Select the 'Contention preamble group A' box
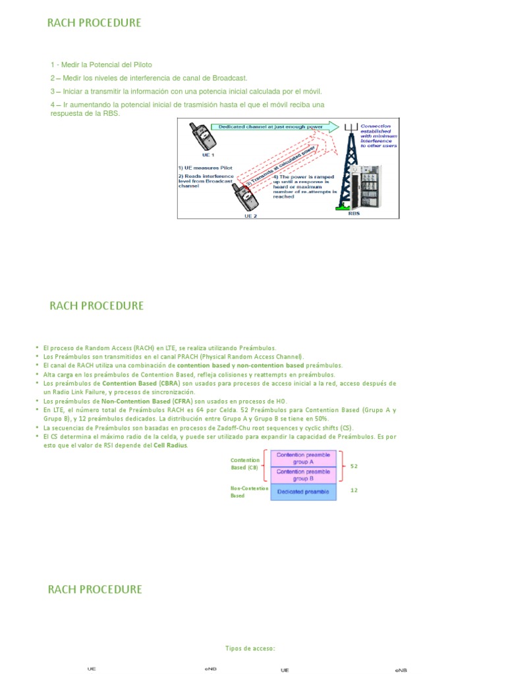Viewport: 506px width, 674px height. point(304,458)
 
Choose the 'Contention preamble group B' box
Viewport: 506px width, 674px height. point(304,475)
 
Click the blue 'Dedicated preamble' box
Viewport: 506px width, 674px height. point(304,491)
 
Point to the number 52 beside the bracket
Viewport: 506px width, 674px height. point(354,466)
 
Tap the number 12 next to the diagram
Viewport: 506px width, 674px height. point(354,490)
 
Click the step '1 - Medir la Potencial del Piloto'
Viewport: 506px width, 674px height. point(101,65)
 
